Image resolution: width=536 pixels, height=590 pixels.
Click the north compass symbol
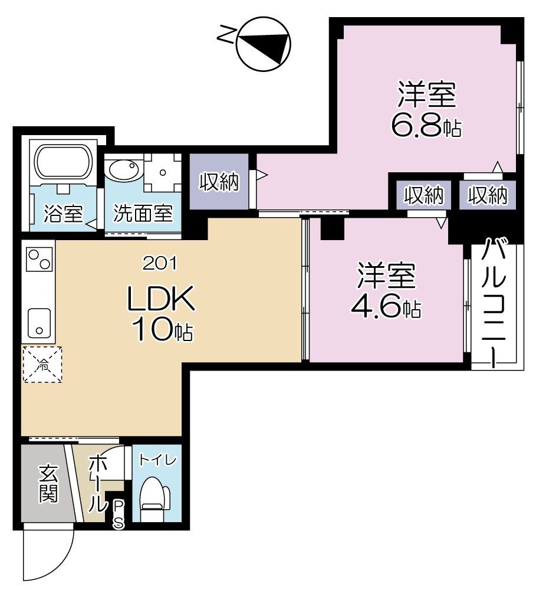coord(264,43)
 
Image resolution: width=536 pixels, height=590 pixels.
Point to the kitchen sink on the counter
coord(39,322)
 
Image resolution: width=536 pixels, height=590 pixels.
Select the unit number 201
coord(160,264)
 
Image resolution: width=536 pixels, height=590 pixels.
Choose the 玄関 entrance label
coord(48,484)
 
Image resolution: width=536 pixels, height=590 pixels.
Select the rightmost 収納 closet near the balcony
coord(487,195)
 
